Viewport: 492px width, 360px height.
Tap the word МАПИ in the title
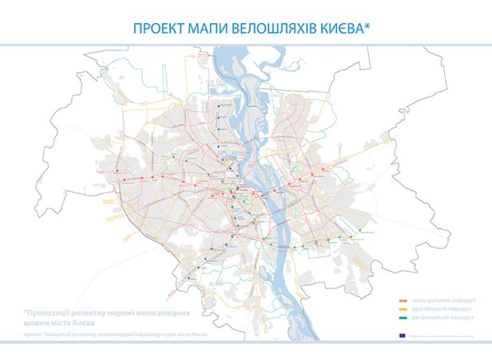(x=206, y=29)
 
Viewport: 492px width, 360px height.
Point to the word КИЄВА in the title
(x=340, y=29)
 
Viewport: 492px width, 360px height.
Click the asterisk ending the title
(x=367, y=26)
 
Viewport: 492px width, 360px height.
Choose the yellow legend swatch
(x=401, y=307)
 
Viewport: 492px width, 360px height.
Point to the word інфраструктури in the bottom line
(x=160, y=335)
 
